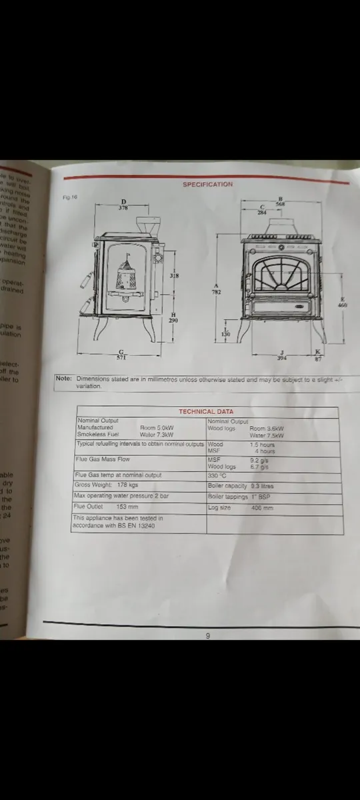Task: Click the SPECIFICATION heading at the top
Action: click(x=208, y=184)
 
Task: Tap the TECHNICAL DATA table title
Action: click(x=206, y=412)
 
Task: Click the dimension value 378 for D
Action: click(x=123, y=208)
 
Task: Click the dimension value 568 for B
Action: click(x=281, y=204)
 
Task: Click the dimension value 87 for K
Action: click(x=317, y=359)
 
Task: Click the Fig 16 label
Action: click(x=70, y=197)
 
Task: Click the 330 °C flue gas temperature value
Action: click(x=217, y=475)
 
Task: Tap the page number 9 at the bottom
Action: click(x=208, y=635)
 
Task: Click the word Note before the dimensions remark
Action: click(x=64, y=379)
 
